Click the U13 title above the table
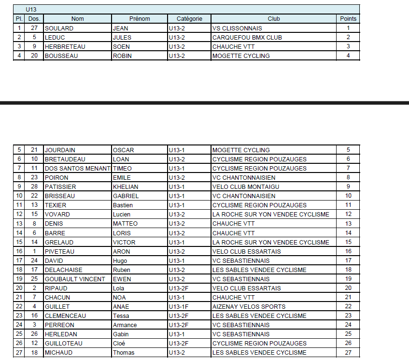31,9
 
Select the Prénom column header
140,19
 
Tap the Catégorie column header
189,19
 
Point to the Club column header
274,19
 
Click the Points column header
348,19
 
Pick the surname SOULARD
59,28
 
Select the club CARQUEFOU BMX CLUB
247,37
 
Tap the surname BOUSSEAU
61,56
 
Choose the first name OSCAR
123,150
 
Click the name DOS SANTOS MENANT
77,168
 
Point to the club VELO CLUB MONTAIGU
246,187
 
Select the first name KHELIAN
126,187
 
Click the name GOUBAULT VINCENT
74,279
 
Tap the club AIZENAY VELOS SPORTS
249,306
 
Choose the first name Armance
125,325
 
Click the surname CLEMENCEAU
65,316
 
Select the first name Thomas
123,352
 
